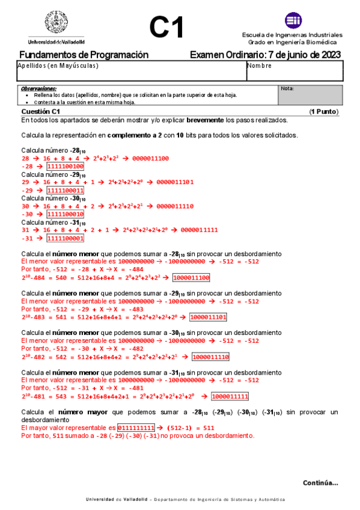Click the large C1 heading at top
pos(166,28)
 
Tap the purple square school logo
pos(293,20)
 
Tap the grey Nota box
pos(311,95)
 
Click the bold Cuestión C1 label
pos(40,112)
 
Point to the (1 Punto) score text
pos(323,112)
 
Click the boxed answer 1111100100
pos(65,167)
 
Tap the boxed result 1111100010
pos(65,214)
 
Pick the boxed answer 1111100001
pos(65,238)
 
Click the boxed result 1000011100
pos(191,278)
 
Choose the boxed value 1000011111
pos(230,396)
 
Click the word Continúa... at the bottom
pos(320,483)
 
